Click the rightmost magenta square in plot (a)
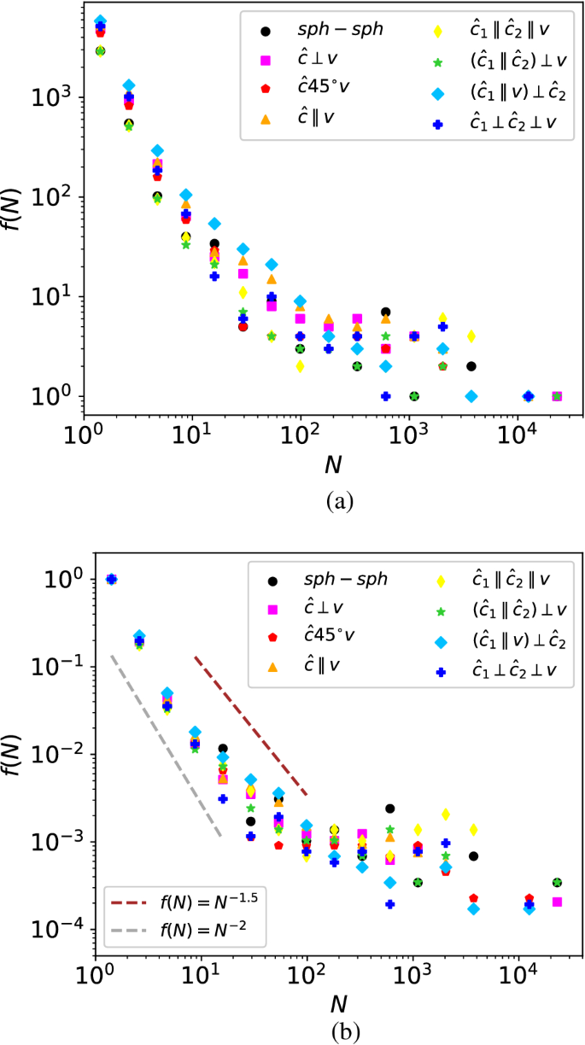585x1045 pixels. pos(556,396)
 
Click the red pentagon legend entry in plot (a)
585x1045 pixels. pos(301,88)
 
